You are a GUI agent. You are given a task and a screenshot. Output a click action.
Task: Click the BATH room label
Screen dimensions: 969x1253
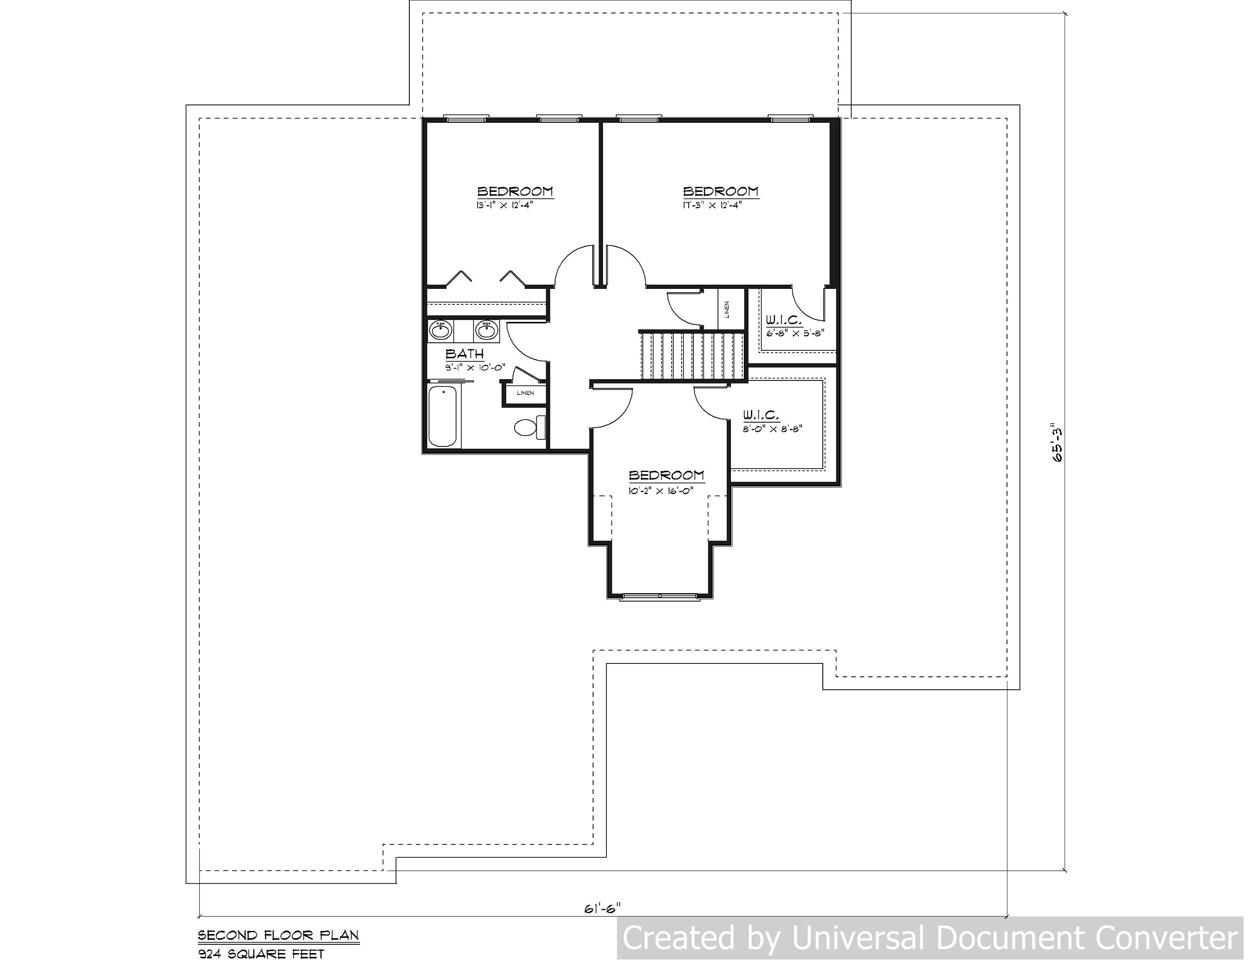[x=465, y=354]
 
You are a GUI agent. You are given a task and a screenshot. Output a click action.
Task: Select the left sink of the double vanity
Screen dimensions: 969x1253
[x=440, y=331]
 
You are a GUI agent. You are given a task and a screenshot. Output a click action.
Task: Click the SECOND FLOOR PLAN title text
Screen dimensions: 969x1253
[x=278, y=935]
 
